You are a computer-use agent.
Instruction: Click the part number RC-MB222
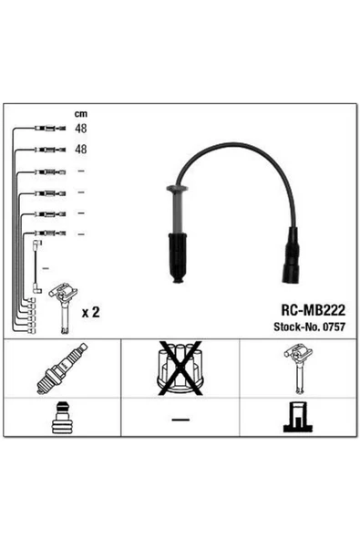[x=313, y=310]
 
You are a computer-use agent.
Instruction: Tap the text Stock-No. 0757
[x=309, y=327]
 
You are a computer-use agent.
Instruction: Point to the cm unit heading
[x=81, y=114]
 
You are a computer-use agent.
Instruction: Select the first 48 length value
[x=81, y=129]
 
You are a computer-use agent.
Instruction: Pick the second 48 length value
[x=81, y=149]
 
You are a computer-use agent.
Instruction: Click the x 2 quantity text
[x=90, y=312]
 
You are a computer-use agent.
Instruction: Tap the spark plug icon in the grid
[x=62, y=369]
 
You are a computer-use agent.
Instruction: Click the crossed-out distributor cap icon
[x=180, y=369]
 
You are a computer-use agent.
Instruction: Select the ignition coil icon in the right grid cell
[x=298, y=369]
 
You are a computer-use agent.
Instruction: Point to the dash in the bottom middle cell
[x=180, y=420]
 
